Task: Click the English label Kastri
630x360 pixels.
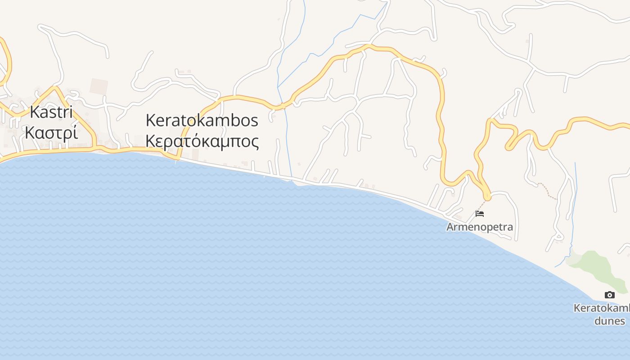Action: tap(51, 112)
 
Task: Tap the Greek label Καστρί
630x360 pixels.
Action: tap(51, 133)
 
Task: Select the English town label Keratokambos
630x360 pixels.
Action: tap(202, 120)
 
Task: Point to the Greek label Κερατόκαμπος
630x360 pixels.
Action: tap(202, 141)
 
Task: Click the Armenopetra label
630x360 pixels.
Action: tap(479, 227)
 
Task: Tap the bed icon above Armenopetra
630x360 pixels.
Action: tap(480, 213)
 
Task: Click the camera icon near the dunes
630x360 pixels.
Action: tap(610, 295)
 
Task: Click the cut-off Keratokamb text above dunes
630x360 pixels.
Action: tap(602, 308)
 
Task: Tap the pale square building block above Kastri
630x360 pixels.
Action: tap(99, 86)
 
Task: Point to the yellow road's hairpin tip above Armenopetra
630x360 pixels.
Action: tap(487, 197)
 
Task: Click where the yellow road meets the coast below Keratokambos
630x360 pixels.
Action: tap(178, 158)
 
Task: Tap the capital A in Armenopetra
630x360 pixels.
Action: tap(450, 227)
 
